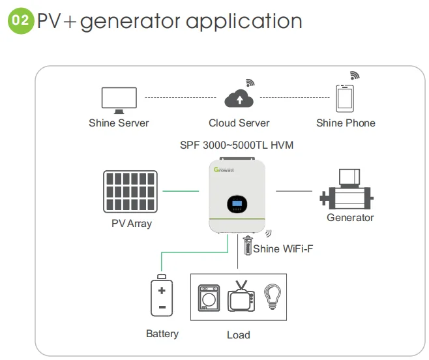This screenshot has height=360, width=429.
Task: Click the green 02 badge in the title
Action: pos(20,20)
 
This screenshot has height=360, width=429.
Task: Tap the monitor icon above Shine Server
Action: pos(119,98)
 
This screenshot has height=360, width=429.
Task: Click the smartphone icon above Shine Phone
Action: pos(346,98)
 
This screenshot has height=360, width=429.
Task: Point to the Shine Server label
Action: pos(119,123)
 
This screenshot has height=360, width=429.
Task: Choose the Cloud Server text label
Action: pos(239,123)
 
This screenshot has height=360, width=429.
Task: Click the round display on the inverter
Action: pos(237,205)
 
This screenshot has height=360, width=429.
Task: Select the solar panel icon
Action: pos(130,192)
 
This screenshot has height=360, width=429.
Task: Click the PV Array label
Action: pos(131,223)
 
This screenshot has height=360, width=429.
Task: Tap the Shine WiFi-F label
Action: pos(283,248)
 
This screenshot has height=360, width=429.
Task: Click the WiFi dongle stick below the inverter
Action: pos(247,247)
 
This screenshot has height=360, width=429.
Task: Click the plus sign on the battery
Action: pos(162,290)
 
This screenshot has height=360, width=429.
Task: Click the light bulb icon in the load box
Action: pos(271,297)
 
